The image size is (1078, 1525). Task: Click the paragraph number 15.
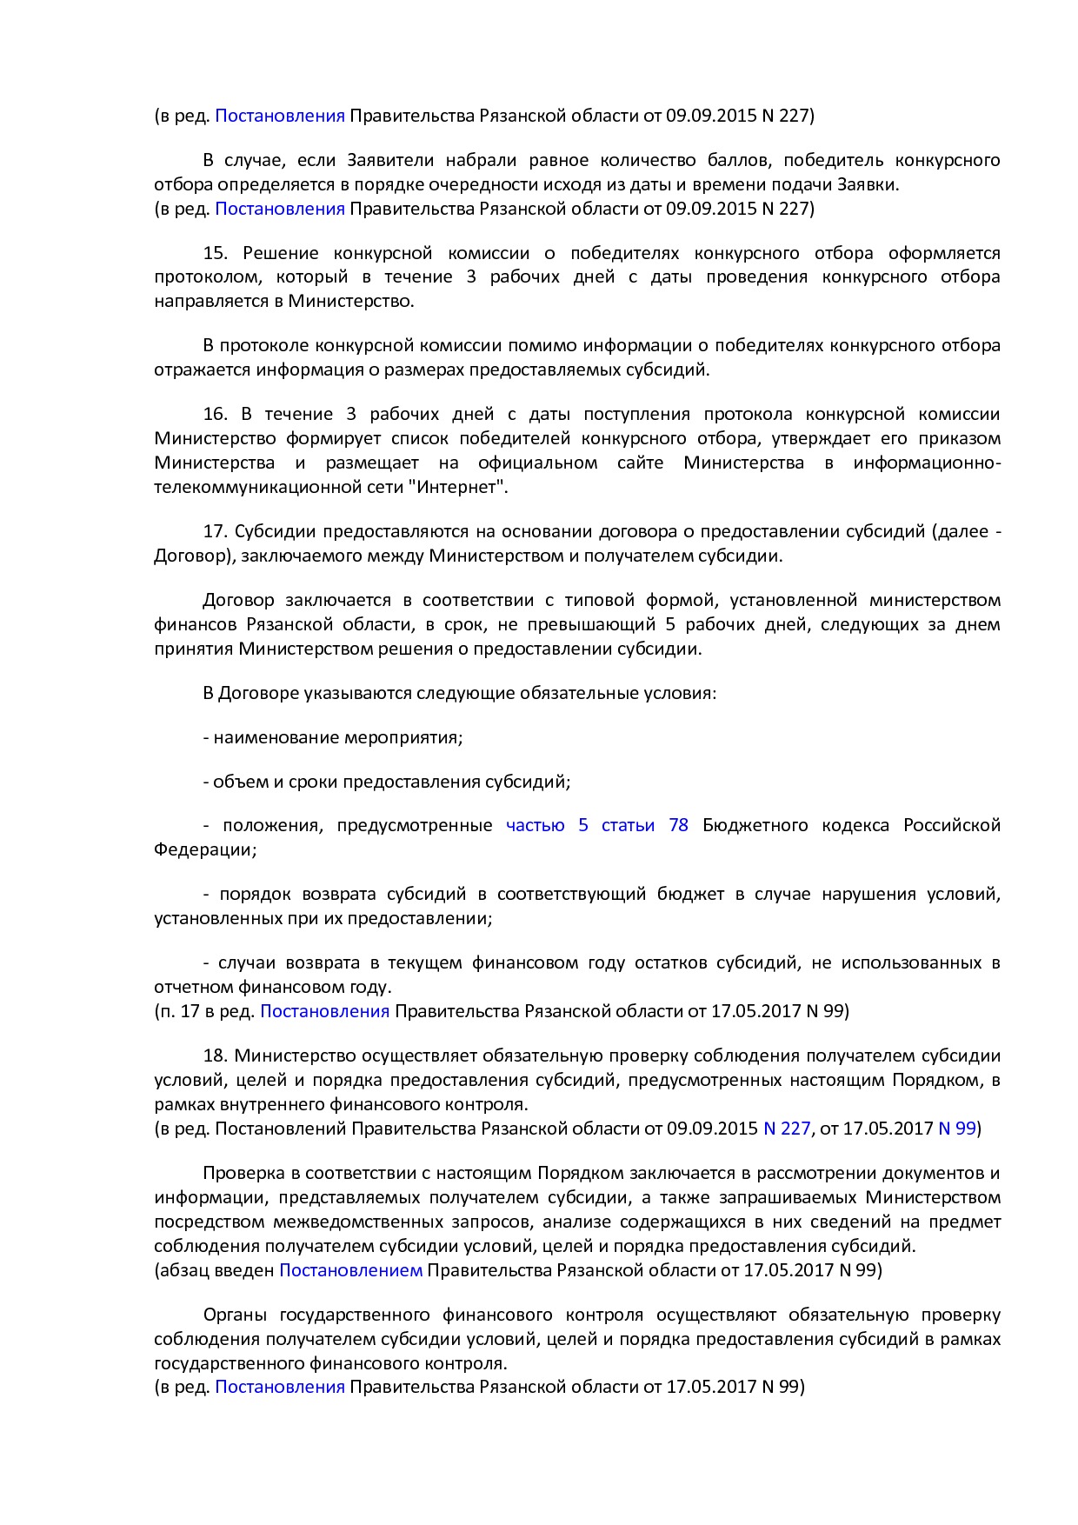point(215,253)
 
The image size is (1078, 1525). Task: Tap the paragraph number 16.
point(215,414)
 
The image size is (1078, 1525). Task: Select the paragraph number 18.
point(215,1056)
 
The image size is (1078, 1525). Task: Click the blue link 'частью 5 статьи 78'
point(596,825)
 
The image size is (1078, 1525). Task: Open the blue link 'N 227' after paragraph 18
point(786,1129)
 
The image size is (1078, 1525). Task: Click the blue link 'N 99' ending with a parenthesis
point(956,1129)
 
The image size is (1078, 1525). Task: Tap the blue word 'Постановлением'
point(350,1270)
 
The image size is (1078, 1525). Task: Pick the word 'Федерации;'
point(205,849)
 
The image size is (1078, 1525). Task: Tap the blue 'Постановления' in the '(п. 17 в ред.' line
point(324,1011)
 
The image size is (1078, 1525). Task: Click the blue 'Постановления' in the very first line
point(279,116)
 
